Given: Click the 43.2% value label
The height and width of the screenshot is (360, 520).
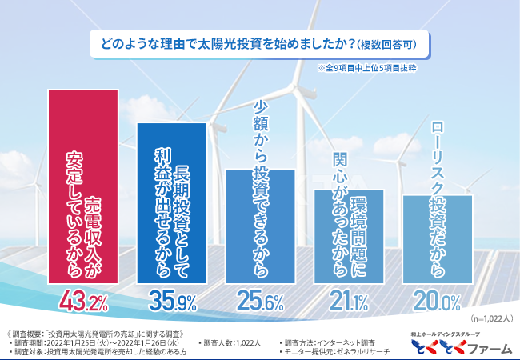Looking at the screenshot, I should (x=84, y=302).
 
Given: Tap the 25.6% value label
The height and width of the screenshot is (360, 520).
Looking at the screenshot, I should (x=261, y=302).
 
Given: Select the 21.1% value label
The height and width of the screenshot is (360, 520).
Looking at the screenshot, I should (x=349, y=302).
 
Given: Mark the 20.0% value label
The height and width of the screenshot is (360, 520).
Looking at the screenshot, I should (x=437, y=302).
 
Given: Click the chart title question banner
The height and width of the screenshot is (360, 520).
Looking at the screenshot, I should (x=259, y=42).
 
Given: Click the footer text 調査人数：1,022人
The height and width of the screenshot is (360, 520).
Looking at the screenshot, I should (x=232, y=342).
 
